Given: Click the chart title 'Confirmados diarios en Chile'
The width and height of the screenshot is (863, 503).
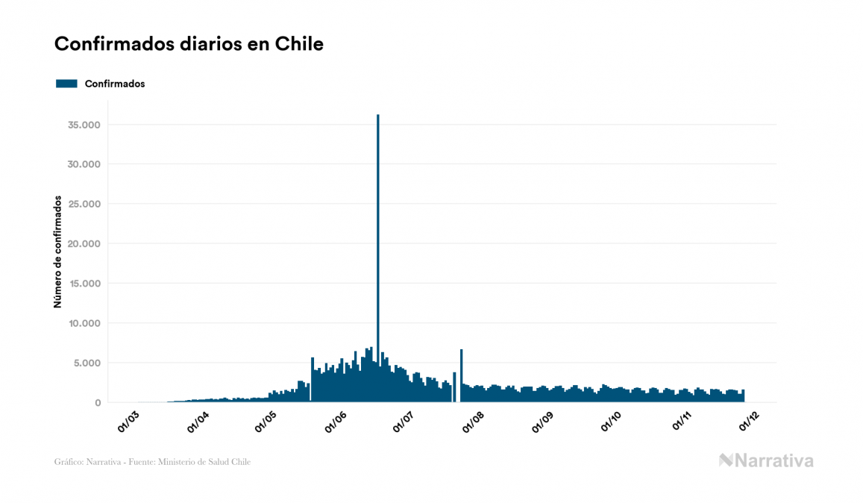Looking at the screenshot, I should (x=189, y=44).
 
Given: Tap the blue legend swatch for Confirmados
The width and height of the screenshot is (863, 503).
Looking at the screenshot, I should (x=66, y=84).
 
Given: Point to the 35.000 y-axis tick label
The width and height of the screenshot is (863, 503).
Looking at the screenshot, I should (x=84, y=125).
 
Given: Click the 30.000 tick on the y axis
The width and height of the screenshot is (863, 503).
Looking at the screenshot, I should (x=84, y=164).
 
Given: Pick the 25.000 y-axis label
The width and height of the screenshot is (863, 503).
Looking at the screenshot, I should (x=84, y=204).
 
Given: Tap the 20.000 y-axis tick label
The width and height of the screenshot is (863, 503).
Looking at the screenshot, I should (x=84, y=244).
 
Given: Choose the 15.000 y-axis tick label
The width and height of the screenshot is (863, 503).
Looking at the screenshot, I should (x=84, y=284).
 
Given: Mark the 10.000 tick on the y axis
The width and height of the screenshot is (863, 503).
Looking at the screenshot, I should (x=84, y=323).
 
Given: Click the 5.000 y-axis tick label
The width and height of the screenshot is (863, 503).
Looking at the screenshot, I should (x=87, y=363).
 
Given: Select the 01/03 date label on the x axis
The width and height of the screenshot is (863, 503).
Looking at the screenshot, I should (x=128, y=421).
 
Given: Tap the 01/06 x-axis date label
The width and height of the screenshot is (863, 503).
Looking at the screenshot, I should (x=336, y=421).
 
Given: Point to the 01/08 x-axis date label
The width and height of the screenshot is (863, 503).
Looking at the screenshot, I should (x=474, y=421).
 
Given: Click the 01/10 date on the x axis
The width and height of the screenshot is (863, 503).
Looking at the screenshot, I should (x=612, y=421).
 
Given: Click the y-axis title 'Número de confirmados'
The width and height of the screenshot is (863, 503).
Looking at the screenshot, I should (x=57, y=251).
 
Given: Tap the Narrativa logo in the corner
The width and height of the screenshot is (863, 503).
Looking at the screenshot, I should (x=766, y=460).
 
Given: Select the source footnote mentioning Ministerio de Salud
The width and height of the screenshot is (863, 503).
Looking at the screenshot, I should (x=152, y=462).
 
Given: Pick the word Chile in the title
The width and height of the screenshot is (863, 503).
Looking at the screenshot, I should (x=298, y=44).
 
